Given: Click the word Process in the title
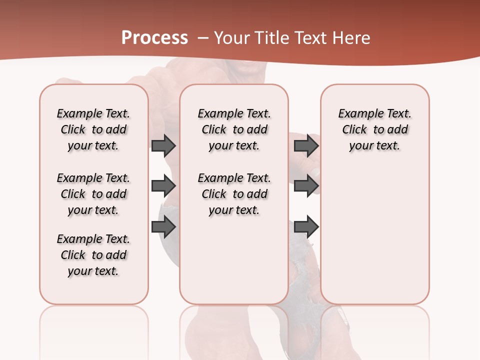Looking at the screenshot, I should pyautogui.click(x=154, y=38).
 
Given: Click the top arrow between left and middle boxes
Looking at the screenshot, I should pyautogui.click(x=163, y=146).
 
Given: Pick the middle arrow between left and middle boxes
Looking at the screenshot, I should pyautogui.click(x=163, y=186).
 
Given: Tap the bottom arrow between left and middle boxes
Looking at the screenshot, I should pyautogui.click(x=163, y=227).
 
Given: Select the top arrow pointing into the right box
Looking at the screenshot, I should pyautogui.click(x=306, y=146).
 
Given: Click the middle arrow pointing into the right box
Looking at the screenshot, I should pyautogui.click(x=306, y=186).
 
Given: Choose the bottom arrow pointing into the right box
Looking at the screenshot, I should pyautogui.click(x=306, y=227).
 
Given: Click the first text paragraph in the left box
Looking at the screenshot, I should pyautogui.click(x=93, y=129).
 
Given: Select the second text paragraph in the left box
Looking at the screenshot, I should pyautogui.click(x=93, y=194).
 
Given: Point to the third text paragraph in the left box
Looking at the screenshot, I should pyautogui.click(x=93, y=255).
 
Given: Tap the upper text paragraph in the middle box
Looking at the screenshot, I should pyautogui.click(x=234, y=129).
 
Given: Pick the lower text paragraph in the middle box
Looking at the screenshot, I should pyautogui.click(x=234, y=194).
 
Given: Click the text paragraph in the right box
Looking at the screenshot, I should pyautogui.click(x=374, y=129).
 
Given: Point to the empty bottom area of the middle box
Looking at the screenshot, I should pyautogui.click(x=234, y=265).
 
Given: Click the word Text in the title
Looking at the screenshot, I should pyautogui.click(x=310, y=38).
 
